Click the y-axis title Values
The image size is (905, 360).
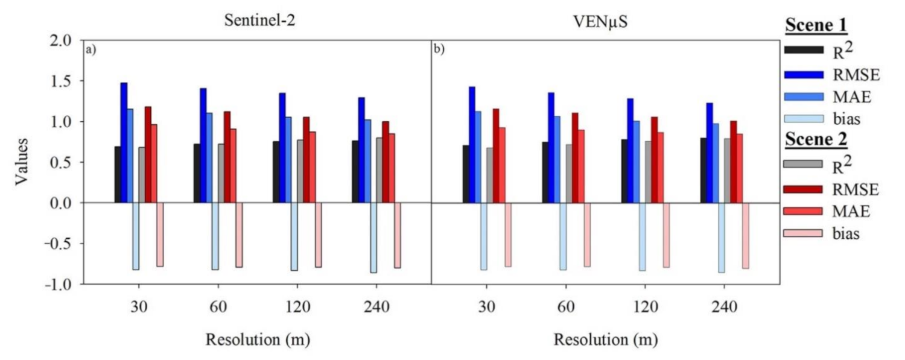22,162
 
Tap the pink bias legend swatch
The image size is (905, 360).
803,233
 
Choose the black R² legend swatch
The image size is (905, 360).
803,49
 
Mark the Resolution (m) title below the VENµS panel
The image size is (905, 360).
606,339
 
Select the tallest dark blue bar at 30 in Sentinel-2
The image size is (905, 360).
124,142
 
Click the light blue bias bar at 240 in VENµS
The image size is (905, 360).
722,238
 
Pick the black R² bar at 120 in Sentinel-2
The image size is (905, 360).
276,172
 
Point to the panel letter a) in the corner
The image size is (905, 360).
91,51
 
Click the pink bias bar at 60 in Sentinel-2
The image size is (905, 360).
239,235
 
